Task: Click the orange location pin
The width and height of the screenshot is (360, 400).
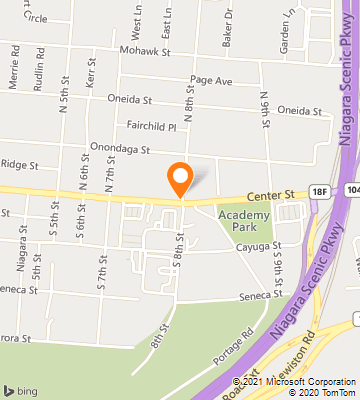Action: [180, 177]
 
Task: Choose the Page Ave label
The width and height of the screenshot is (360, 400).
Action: [210, 79]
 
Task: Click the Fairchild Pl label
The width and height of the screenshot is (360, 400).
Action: [152, 127]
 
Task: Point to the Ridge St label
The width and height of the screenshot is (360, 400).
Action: [19, 163]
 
